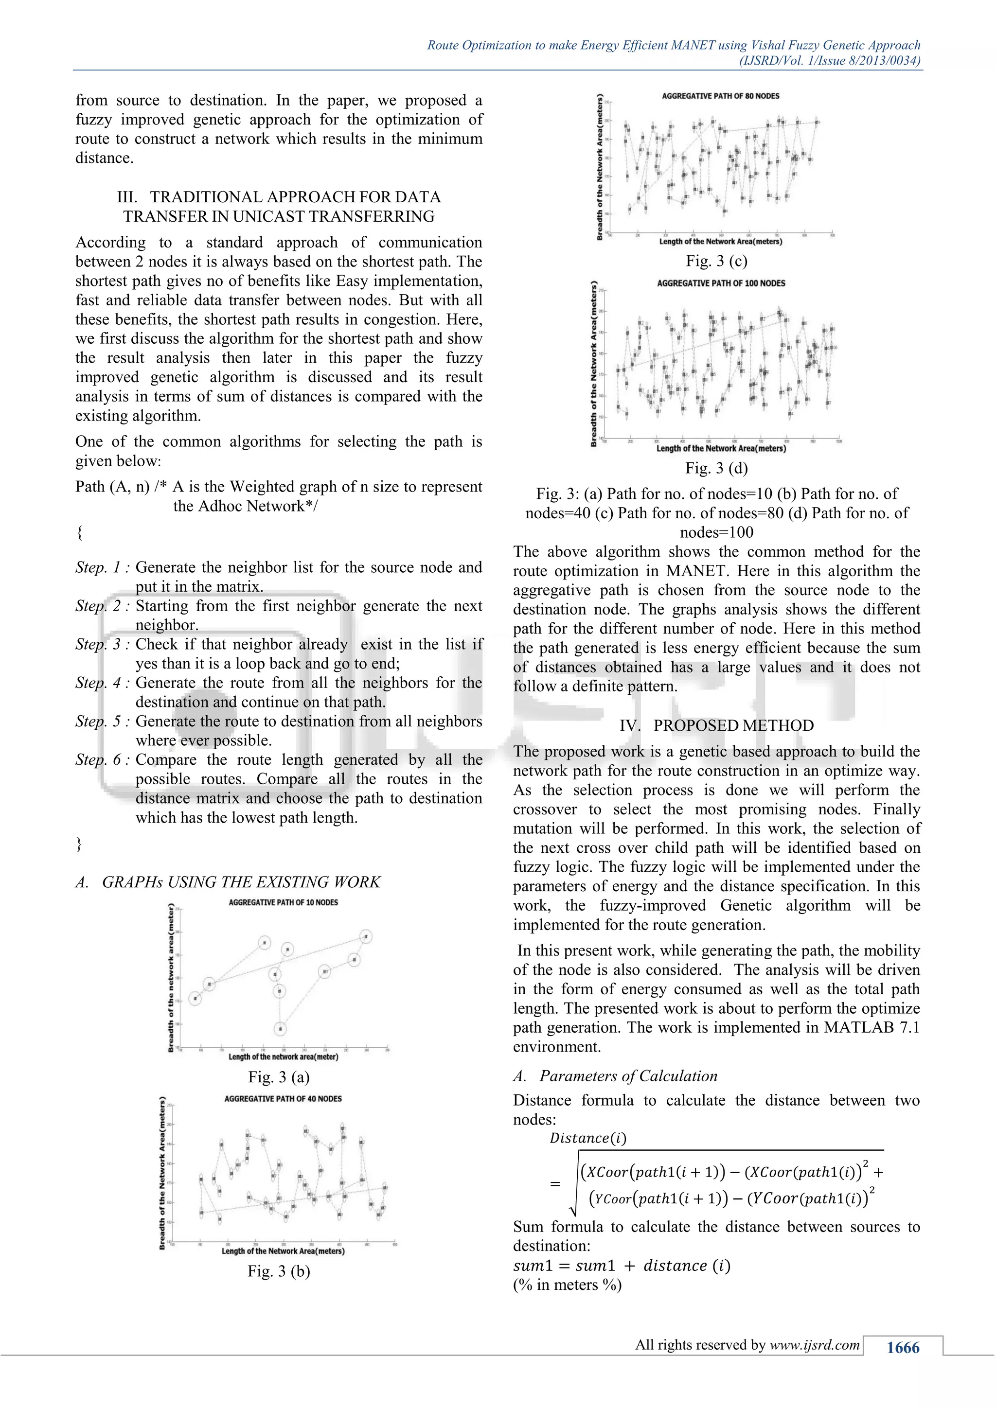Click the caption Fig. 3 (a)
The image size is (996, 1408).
coord(279,1077)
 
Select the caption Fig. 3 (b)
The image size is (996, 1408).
coord(279,1271)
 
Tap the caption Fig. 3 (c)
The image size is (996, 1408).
coord(716,261)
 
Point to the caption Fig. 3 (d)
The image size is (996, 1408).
coord(716,469)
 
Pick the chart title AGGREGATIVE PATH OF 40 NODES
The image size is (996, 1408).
coord(283,1099)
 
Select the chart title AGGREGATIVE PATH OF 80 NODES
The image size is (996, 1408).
coord(720,96)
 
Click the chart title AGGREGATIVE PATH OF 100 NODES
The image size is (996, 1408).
coord(721,283)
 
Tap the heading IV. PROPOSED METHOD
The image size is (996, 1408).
coord(716,725)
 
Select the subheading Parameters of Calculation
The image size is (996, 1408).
coord(627,1076)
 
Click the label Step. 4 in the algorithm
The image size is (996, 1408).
coord(102,683)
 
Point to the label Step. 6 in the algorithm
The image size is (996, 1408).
coord(102,760)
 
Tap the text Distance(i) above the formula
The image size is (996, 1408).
coord(587,1138)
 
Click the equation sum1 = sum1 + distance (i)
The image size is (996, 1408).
coord(621,1266)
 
